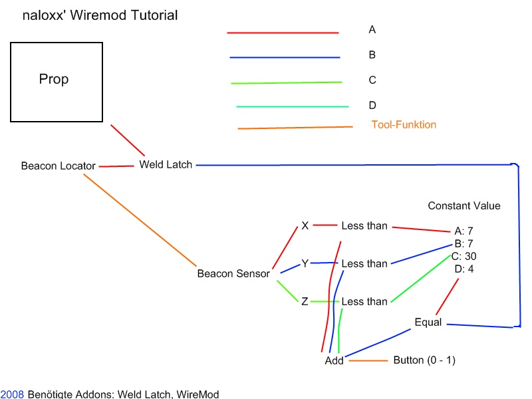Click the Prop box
[x=57, y=82]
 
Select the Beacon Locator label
[x=58, y=166]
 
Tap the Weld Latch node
[x=166, y=164]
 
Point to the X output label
[x=305, y=225]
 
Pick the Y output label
[x=305, y=263]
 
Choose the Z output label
[x=305, y=301]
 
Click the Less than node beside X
[x=364, y=226]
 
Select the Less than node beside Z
[x=364, y=302]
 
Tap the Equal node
[x=428, y=323]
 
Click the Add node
[x=334, y=360]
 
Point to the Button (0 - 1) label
[x=424, y=360]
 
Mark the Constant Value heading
[x=464, y=206]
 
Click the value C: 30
[x=464, y=256]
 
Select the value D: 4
[x=464, y=269]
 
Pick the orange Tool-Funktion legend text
[x=404, y=124]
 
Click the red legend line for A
[x=283, y=32]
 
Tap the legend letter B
[x=372, y=55]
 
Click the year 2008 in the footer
[x=12, y=394]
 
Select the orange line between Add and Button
[x=368, y=360]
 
